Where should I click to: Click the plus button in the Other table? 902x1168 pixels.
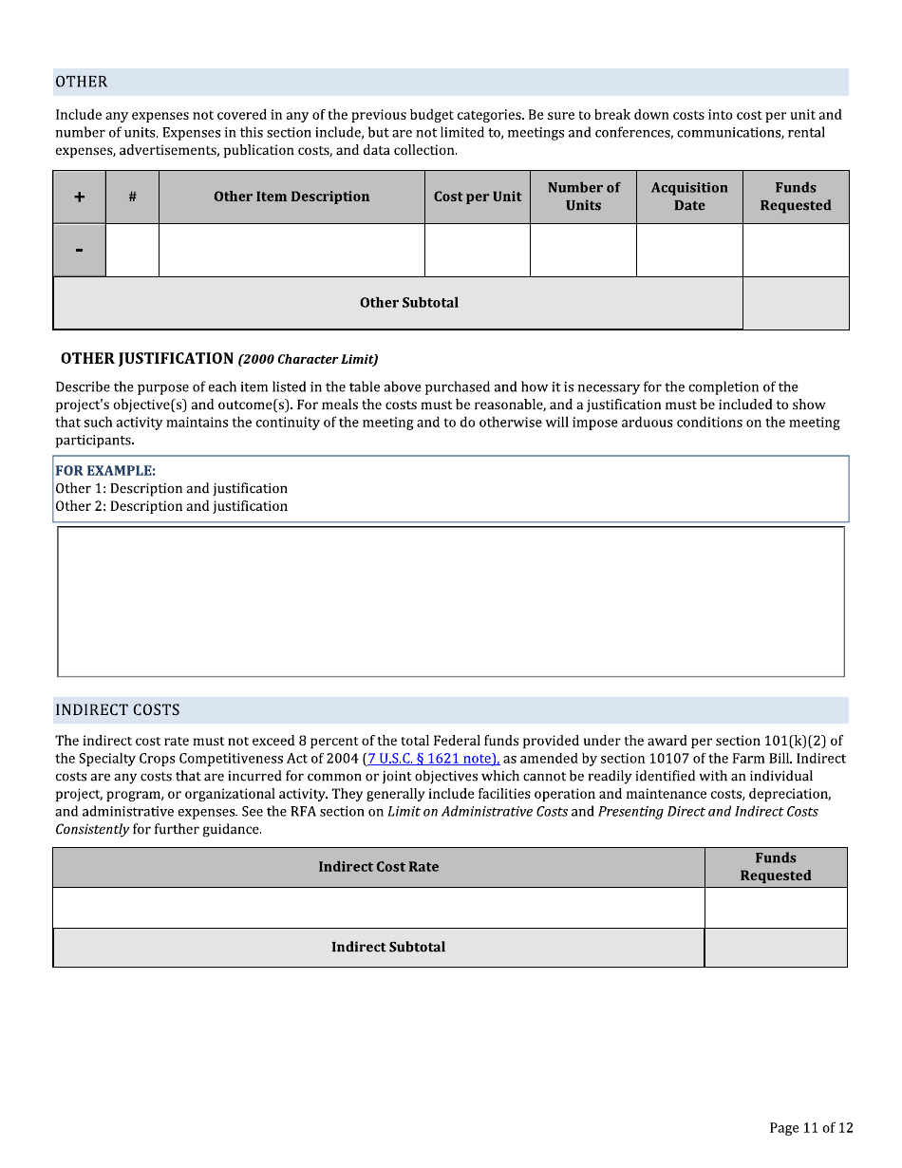[x=80, y=197]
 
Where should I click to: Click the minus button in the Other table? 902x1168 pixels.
[x=80, y=250]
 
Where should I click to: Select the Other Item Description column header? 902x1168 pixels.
[x=291, y=197]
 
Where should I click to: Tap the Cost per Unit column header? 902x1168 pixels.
[x=478, y=197]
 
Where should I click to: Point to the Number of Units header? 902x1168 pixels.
[x=583, y=197]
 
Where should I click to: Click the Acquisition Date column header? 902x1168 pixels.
[x=689, y=197]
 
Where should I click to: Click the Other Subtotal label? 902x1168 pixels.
[x=408, y=303]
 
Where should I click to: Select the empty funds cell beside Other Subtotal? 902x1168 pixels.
[x=796, y=303]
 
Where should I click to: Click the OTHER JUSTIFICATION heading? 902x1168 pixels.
[x=147, y=359]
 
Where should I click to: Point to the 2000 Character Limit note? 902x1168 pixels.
[x=308, y=360]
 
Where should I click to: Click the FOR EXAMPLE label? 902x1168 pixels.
[x=105, y=471]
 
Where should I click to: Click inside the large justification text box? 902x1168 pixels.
[x=451, y=601]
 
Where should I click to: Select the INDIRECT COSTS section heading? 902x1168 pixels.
[x=118, y=710]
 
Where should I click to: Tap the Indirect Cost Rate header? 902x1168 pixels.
[x=378, y=867]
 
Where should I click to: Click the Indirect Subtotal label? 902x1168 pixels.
[x=387, y=947]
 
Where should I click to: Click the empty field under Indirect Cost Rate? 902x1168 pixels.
[x=378, y=908]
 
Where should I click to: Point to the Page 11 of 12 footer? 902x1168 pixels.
[x=811, y=1128]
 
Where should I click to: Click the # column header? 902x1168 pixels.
[x=132, y=197]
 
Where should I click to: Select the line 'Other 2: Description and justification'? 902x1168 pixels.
[x=171, y=507]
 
